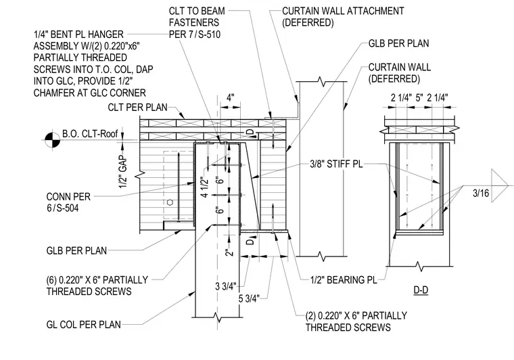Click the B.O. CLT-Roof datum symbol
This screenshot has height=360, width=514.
click(53, 139)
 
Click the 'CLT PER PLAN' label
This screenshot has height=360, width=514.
click(138, 107)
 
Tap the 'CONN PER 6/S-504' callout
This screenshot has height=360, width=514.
click(68, 202)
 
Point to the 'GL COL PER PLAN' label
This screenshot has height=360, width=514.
click(84, 325)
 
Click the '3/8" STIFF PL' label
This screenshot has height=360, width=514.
click(336, 164)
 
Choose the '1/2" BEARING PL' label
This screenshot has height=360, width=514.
click(344, 279)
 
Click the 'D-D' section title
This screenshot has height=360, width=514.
click(421, 290)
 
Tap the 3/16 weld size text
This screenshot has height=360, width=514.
click(481, 193)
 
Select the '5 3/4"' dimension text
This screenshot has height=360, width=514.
click(249, 298)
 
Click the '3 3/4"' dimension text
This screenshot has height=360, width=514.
click(226, 286)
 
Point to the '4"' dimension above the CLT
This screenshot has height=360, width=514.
click(231, 97)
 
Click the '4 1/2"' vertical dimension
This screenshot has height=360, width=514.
click(204, 187)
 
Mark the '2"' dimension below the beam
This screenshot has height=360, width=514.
click(229, 252)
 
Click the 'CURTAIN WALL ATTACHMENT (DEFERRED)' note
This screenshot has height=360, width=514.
click(343, 17)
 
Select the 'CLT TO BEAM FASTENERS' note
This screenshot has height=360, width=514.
click(197, 17)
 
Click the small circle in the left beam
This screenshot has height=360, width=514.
click(170, 202)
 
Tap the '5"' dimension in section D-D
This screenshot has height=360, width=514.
click(419, 97)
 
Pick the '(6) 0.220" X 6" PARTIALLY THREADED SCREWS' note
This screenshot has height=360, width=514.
click(97, 286)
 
